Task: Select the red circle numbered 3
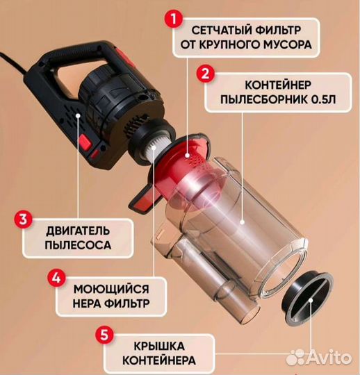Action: tap(23, 219)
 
